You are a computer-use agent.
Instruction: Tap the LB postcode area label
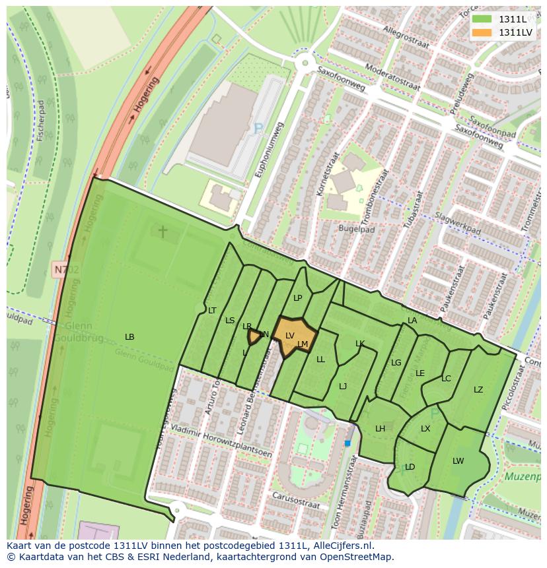click(x=129, y=337)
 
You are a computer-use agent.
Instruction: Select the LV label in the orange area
click(x=289, y=335)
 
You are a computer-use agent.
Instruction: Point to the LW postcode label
click(x=458, y=461)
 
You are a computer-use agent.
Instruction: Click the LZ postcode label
click(x=478, y=390)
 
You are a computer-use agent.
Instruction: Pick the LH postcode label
click(x=380, y=429)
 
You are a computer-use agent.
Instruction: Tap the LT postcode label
click(x=212, y=310)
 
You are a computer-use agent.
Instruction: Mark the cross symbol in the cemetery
click(x=163, y=231)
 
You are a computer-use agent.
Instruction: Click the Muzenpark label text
click(x=525, y=475)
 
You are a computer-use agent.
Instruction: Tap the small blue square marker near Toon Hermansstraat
click(x=347, y=443)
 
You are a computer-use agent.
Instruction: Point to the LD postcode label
click(x=410, y=467)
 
